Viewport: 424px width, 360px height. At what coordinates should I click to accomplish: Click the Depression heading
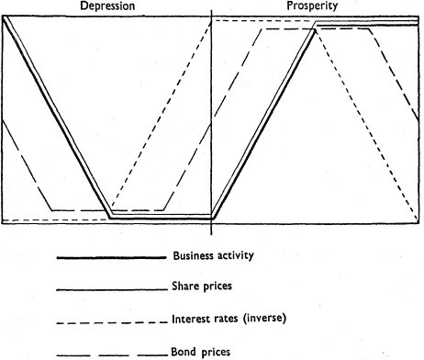click(107, 6)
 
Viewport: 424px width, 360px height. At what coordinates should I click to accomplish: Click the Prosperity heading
click(312, 6)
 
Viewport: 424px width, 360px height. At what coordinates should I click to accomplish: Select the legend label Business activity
click(214, 255)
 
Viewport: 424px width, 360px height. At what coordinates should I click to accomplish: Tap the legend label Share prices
click(202, 286)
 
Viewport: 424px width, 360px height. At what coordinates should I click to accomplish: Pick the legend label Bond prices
click(200, 352)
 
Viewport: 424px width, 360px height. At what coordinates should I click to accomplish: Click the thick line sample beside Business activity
click(112, 258)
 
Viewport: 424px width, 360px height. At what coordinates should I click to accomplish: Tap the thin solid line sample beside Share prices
click(112, 289)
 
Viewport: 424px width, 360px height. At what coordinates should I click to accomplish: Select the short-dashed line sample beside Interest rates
click(112, 322)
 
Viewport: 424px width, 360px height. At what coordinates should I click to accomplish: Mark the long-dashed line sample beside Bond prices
click(112, 355)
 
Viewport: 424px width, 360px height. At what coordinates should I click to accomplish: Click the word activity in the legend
click(235, 256)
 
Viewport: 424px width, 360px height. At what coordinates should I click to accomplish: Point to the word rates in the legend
click(225, 320)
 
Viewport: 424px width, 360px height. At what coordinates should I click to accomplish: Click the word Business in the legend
click(194, 255)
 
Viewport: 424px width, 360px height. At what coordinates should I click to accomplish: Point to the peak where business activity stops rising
click(315, 30)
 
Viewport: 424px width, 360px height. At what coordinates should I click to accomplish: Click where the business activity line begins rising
click(213, 219)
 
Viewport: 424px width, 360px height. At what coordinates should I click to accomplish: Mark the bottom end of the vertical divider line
click(211, 235)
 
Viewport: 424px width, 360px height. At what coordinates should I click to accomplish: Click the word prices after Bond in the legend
click(215, 352)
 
